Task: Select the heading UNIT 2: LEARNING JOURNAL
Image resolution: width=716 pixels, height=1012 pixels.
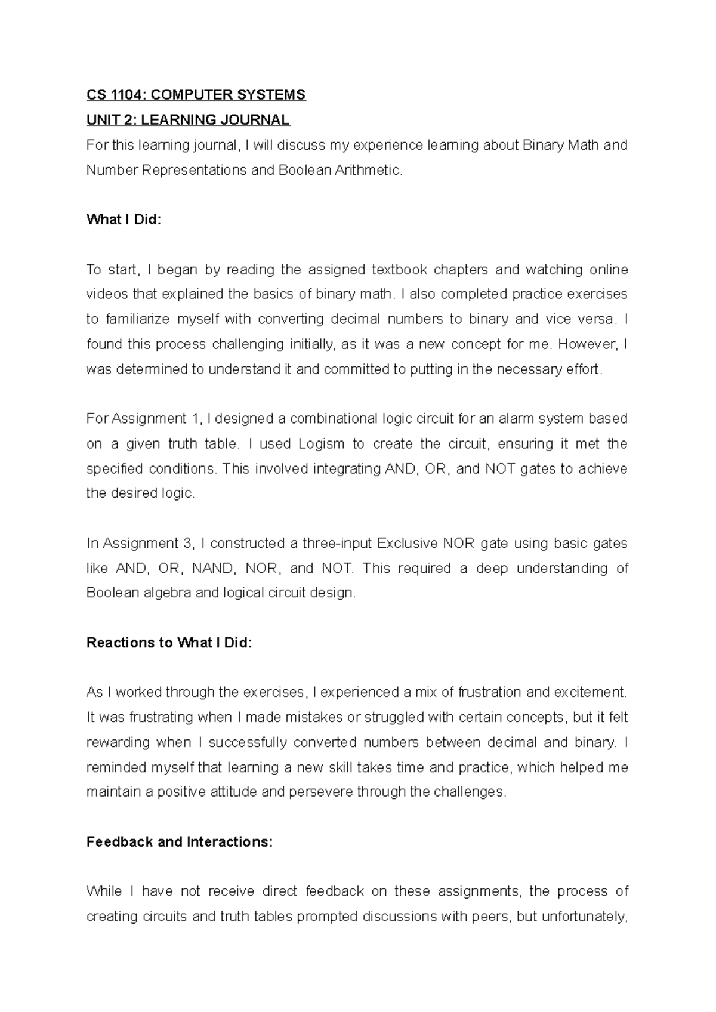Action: [x=188, y=120]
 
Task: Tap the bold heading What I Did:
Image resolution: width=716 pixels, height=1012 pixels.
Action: [x=124, y=220]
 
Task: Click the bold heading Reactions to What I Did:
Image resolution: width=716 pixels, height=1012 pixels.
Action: [x=169, y=643]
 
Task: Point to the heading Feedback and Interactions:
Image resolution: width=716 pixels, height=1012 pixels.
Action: [x=179, y=842]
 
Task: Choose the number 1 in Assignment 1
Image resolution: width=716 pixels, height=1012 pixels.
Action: [x=197, y=419]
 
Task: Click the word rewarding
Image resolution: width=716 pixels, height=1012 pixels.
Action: [x=118, y=743]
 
